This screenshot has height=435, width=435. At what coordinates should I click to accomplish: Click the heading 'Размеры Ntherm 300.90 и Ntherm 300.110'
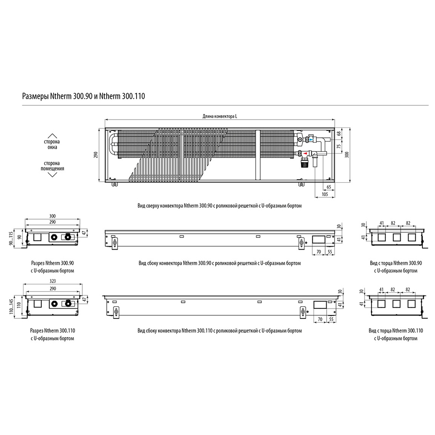[83, 96]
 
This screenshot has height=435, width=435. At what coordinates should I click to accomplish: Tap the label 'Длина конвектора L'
[220, 117]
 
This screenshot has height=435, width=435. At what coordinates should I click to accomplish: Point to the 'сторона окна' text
[52, 144]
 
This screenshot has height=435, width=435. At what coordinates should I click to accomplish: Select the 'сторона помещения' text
[53, 166]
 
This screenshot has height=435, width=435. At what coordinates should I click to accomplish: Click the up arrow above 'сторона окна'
[52, 136]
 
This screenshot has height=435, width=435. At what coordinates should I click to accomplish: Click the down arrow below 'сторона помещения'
[53, 174]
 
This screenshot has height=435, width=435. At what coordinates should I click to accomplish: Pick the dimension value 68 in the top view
[338, 134]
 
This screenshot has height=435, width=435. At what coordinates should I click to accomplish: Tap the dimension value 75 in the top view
[338, 146]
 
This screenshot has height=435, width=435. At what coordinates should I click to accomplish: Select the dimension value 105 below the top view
[325, 194]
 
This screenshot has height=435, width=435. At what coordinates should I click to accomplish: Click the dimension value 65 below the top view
[329, 187]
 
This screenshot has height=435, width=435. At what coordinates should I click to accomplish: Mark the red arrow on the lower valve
[305, 153]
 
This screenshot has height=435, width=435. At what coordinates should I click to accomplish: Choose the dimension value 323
[53, 281]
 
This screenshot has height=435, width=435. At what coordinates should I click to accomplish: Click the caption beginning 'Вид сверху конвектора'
[219, 206]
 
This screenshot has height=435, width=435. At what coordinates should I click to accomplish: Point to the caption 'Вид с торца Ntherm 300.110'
[395, 331]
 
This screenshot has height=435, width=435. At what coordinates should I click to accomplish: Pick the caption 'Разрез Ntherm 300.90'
[53, 263]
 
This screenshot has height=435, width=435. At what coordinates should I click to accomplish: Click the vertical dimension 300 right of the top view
[347, 155]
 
